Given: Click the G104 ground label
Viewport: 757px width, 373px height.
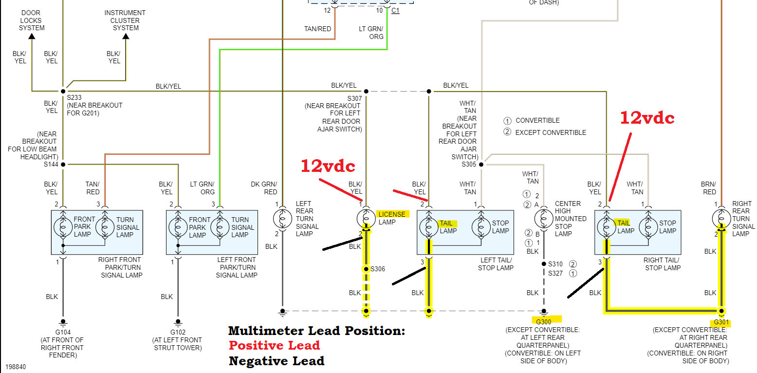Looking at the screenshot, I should (x=62, y=333).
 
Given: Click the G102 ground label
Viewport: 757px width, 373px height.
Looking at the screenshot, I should (x=177, y=333).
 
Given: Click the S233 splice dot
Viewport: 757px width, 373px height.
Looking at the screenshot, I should (x=63, y=91).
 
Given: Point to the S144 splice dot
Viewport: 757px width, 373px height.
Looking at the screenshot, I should (x=63, y=165).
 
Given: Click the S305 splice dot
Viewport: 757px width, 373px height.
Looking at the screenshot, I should (x=481, y=165).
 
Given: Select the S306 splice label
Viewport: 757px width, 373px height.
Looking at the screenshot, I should (x=378, y=269).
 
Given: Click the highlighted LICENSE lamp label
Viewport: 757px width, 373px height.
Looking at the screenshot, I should (x=392, y=214).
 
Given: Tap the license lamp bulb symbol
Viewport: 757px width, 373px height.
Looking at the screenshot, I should (x=366, y=219).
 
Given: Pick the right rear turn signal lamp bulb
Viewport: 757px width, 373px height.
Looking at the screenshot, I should (x=721, y=219).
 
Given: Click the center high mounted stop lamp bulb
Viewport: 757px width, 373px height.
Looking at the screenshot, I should (x=544, y=219).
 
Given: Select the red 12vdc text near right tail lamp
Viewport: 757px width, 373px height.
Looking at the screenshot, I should (x=647, y=118).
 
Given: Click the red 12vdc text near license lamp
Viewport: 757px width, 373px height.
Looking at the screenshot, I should (x=328, y=166).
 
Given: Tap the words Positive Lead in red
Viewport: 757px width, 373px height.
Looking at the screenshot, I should (x=274, y=346).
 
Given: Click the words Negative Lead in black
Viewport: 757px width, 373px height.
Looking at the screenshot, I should (x=276, y=361).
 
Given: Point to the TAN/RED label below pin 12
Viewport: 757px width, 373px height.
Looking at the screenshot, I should (x=317, y=29).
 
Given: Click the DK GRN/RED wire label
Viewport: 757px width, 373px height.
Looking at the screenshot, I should (x=264, y=188).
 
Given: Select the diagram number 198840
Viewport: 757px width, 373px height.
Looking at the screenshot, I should (x=16, y=366).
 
